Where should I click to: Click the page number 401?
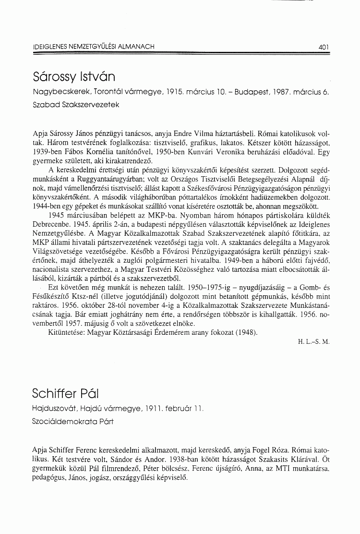(x=323, y=47)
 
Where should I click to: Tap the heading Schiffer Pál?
(x=65, y=394)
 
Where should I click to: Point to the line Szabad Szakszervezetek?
(x=72, y=104)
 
